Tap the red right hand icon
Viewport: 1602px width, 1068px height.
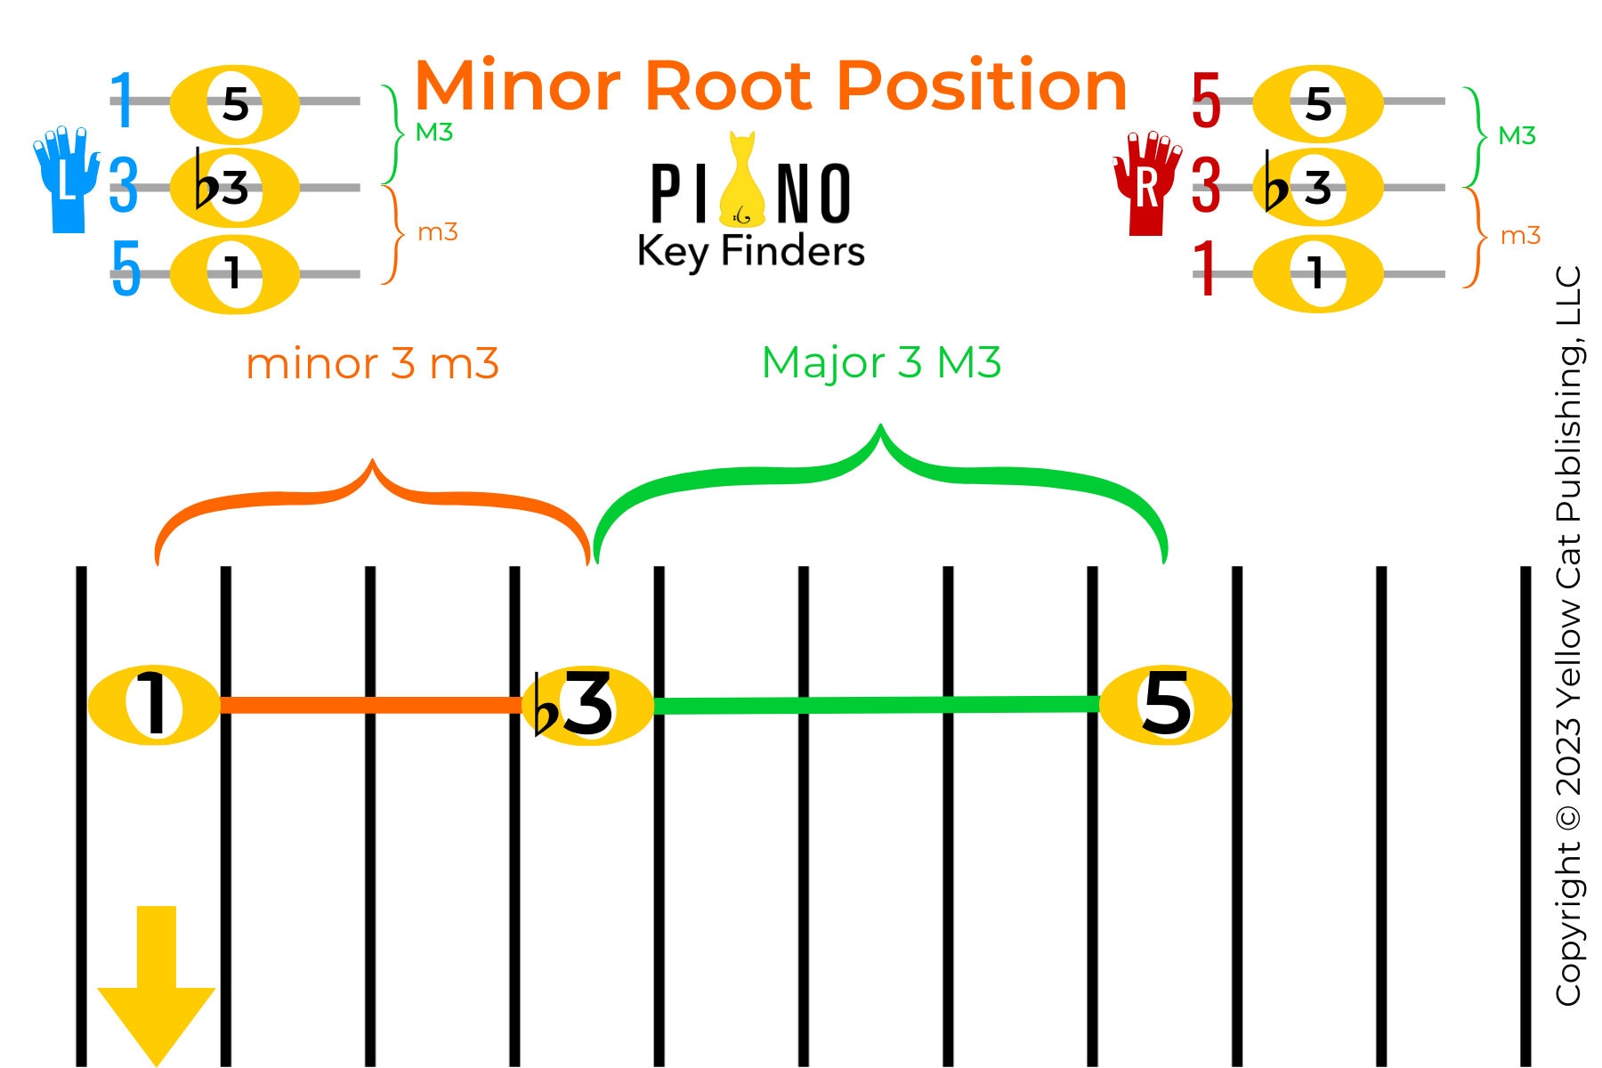pyautogui.click(x=1147, y=183)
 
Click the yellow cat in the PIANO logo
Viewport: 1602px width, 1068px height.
pyautogui.click(x=741, y=182)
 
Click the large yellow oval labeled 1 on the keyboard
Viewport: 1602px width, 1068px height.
pyautogui.click(x=154, y=705)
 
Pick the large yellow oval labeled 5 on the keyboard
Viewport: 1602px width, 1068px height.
pyautogui.click(x=1165, y=705)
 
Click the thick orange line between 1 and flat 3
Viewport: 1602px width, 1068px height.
pyautogui.click(x=370, y=705)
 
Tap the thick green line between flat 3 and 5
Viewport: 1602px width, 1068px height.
pyautogui.click(x=877, y=705)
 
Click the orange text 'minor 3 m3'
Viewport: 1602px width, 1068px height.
pyautogui.click(x=372, y=364)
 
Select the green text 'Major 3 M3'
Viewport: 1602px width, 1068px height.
pyautogui.click(x=881, y=362)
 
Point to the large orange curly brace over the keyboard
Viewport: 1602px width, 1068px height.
pyautogui.click(x=372, y=498)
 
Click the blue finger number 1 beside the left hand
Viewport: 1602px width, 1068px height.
pyautogui.click(x=122, y=101)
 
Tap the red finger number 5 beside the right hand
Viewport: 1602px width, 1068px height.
pyautogui.click(x=1206, y=101)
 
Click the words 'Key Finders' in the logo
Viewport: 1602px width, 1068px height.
pyautogui.click(x=751, y=251)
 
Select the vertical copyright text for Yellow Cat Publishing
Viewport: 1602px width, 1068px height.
pyautogui.click(x=1568, y=636)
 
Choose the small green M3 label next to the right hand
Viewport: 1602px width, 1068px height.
pyautogui.click(x=1517, y=135)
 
